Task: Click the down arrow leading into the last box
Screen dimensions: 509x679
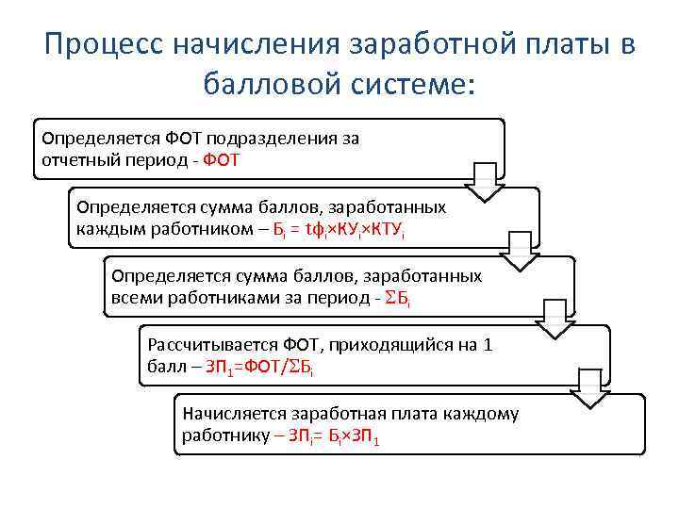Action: pos(591,388)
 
